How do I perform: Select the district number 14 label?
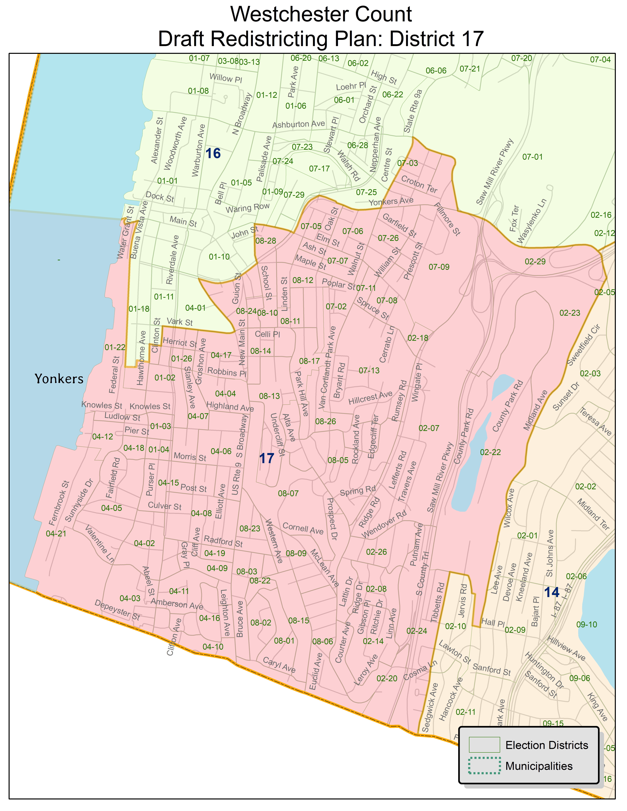[x=552, y=592]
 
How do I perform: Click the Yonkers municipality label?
[x=59, y=379]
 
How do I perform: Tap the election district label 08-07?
[x=288, y=493]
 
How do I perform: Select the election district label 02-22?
[x=490, y=452]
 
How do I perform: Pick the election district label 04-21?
[x=56, y=534]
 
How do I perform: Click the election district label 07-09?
[x=439, y=267]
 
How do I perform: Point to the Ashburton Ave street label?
[x=299, y=124]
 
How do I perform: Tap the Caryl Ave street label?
[x=279, y=665]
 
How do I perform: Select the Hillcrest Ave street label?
[x=370, y=397]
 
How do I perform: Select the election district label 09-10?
[x=587, y=625]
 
